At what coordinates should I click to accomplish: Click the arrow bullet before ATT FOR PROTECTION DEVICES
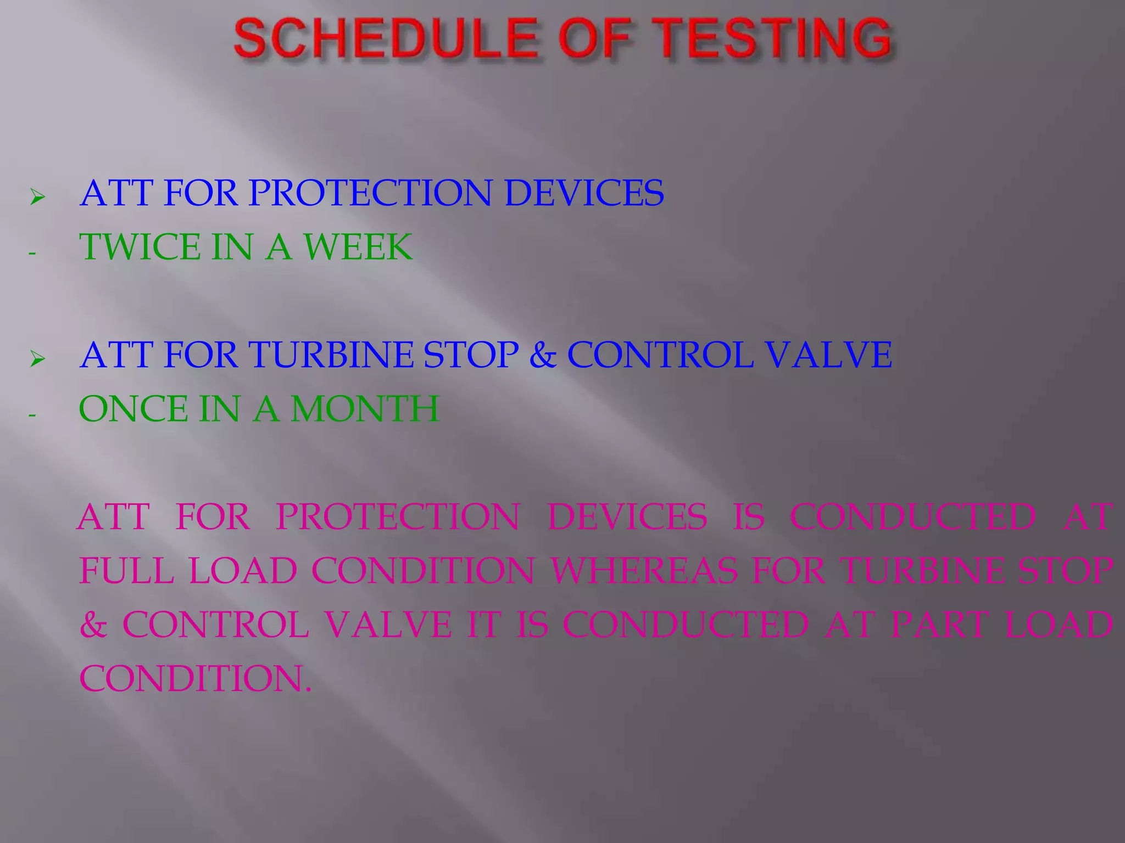coord(37,196)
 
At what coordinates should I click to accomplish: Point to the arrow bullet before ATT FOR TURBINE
coord(37,359)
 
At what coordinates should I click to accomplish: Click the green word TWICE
coord(140,247)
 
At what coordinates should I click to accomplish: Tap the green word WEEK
coord(358,247)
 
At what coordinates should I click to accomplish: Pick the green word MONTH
coord(365,409)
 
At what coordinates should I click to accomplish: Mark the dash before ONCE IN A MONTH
coord(32,415)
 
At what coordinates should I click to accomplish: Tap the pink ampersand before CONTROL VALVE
coord(93,625)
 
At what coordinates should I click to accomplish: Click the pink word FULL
coord(126,571)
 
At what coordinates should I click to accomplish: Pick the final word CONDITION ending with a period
coord(195,679)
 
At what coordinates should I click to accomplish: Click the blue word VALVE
coord(829,355)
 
